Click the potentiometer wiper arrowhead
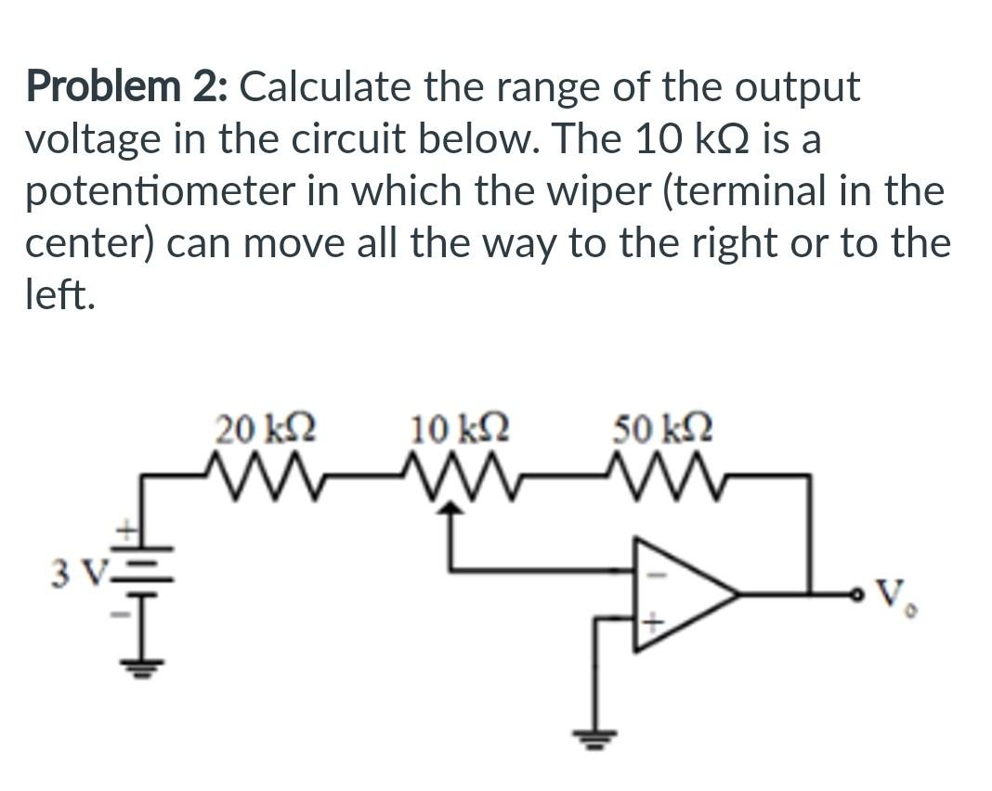click(450, 507)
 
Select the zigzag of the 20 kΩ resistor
click(264, 473)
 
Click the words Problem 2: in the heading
click(125, 87)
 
